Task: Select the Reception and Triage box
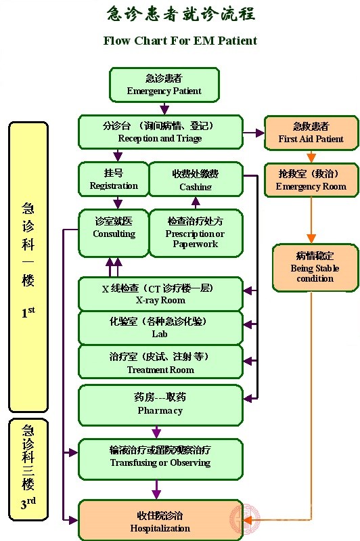(160, 132)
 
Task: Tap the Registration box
(113, 179)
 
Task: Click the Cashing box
(195, 180)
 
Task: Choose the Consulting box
(113, 232)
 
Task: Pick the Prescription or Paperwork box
(195, 232)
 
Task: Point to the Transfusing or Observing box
(160, 457)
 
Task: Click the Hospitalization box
(160, 521)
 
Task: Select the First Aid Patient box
(311, 132)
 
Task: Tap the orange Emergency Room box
(311, 179)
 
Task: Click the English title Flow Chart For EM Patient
(180, 41)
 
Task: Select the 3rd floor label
(28, 504)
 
